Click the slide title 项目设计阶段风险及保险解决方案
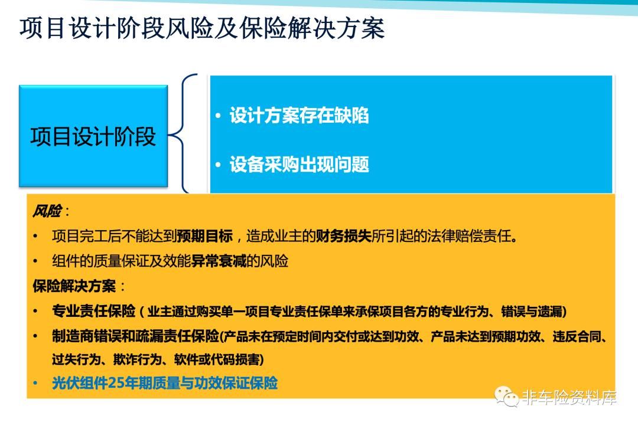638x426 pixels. click(x=202, y=28)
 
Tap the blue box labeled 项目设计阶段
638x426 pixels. click(x=93, y=136)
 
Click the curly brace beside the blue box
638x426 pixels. click(x=183, y=133)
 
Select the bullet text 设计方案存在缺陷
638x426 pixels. click(x=299, y=116)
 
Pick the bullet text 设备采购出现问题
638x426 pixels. click(x=299, y=165)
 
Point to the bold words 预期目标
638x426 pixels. click(x=204, y=236)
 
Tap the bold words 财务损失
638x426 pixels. click(x=343, y=236)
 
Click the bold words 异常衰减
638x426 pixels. click(x=219, y=261)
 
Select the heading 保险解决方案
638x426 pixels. click(x=74, y=286)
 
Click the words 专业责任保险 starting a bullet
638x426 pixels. click(x=93, y=312)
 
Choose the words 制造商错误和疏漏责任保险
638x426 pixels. click(x=135, y=336)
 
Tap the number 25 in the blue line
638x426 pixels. click(x=116, y=383)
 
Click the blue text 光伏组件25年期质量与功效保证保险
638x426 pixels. click(x=165, y=383)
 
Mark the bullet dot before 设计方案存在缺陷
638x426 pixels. click(x=218, y=116)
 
